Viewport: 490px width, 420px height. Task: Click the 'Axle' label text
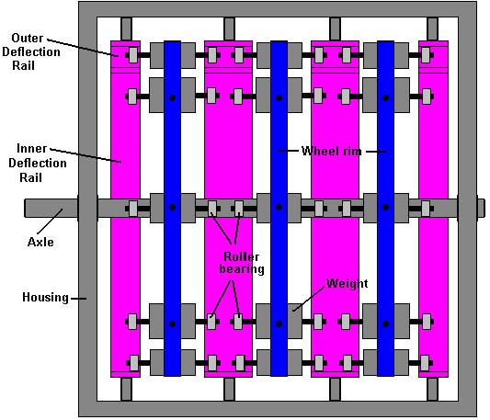[x=40, y=242]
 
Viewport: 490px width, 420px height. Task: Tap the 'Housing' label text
[x=45, y=297]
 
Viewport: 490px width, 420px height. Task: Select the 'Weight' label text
[x=347, y=283]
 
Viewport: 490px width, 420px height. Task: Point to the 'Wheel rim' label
[x=332, y=152]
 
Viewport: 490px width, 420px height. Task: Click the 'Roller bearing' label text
[x=242, y=263]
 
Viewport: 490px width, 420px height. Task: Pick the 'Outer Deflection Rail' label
[x=31, y=51]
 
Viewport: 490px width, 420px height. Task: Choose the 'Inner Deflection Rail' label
[x=37, y=163]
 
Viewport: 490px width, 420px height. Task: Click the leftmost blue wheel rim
[x=172, y=209]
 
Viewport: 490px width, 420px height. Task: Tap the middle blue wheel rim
[x=279, y=209]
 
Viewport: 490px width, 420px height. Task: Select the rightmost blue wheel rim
[x=385, y=209]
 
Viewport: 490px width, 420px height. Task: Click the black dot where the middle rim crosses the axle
[x=279, y=207]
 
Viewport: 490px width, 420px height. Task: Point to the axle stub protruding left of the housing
[x=51, y=208]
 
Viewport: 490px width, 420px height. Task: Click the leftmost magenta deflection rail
[x=125, y=209]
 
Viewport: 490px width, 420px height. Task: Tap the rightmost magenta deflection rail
[x=433, y=209]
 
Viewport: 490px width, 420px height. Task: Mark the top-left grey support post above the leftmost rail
[x=126, y=29]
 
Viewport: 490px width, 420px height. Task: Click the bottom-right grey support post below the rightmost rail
[x=432, y=389]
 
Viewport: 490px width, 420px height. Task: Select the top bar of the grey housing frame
[x=278, y=10]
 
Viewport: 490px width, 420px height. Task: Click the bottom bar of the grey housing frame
[x=278, y=409]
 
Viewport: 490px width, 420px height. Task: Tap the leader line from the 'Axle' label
[x=50, y=221]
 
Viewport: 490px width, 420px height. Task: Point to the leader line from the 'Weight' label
[x=308, y=299]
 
